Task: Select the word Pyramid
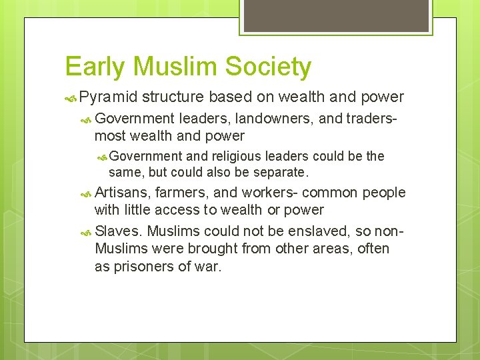(x=109, y=97)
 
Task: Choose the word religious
(x=237, y=157)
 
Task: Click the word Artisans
(x=123, y=193)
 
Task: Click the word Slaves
(x=118, y=231)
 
